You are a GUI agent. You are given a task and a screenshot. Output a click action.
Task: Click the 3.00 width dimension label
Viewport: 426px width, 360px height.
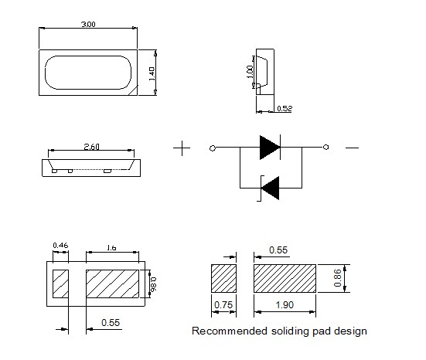88,25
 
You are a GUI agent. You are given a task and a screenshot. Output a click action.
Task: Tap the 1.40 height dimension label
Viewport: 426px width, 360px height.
152,74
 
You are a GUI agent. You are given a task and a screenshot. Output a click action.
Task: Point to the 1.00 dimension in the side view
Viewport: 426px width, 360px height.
250,72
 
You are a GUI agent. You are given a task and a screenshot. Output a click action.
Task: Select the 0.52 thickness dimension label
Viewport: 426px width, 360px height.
285,109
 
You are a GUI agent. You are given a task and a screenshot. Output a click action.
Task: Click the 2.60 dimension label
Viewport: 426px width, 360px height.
91,147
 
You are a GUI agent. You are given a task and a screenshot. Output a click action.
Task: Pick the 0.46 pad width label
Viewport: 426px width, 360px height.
60,246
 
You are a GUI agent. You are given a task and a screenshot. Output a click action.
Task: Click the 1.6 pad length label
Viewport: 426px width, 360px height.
111,248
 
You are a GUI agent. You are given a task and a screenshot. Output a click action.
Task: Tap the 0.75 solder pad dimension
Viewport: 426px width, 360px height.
223,305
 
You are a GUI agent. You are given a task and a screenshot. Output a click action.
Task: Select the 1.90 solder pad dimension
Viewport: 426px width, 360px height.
285,305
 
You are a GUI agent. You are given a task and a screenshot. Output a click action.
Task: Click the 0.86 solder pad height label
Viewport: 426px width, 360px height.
337,278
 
